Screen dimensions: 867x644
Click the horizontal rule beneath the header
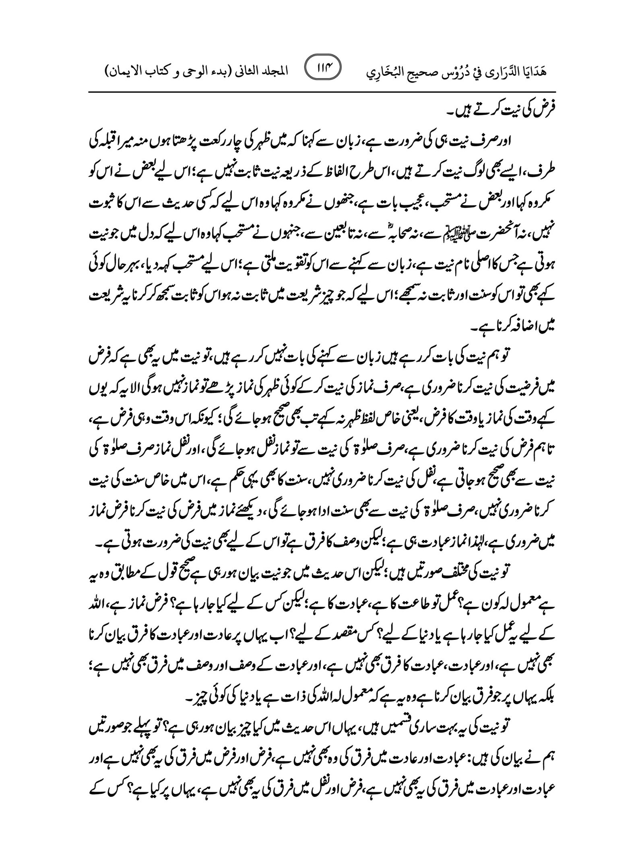point(322,92)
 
